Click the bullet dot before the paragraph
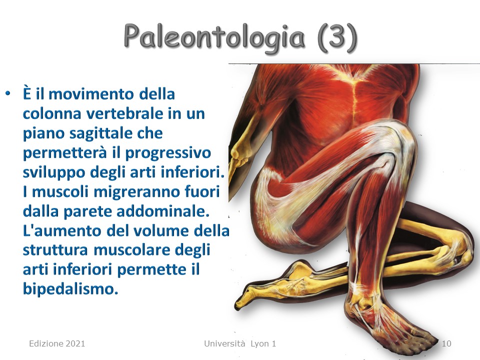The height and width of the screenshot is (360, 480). pyautogui.click(x=8, y=93)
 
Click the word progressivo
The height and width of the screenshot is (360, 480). pyautogui.click(x=168, y=153)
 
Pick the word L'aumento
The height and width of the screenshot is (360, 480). pyautogui.click(x=62, y=231)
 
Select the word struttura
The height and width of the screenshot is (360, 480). pyautogui.click(x=55, y=250)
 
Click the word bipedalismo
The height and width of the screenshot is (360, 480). pyautogui.click(x=70, y=288)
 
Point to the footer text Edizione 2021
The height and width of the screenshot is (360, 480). pyautogui.click(x=57, y=343)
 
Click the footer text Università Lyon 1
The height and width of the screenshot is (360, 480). pyautogui.click(x=240, y=343)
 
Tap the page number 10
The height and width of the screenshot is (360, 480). pyautogui.click(x=446, y=343)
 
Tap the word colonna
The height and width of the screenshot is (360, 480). pyautogui.click(x=51, y=113)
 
